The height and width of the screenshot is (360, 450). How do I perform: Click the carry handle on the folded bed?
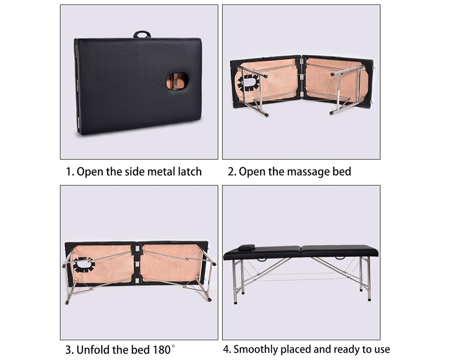(x=142, y=35)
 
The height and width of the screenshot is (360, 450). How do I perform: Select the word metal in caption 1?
(x=158, y=171)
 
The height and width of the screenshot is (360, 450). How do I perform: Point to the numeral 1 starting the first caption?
(x=68, y=172)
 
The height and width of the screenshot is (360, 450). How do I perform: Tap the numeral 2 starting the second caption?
(x=231, y=172)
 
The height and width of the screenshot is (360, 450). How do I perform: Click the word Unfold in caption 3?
(x=92, y=349)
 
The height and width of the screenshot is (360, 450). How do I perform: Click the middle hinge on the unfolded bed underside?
(x=137, y=264)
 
